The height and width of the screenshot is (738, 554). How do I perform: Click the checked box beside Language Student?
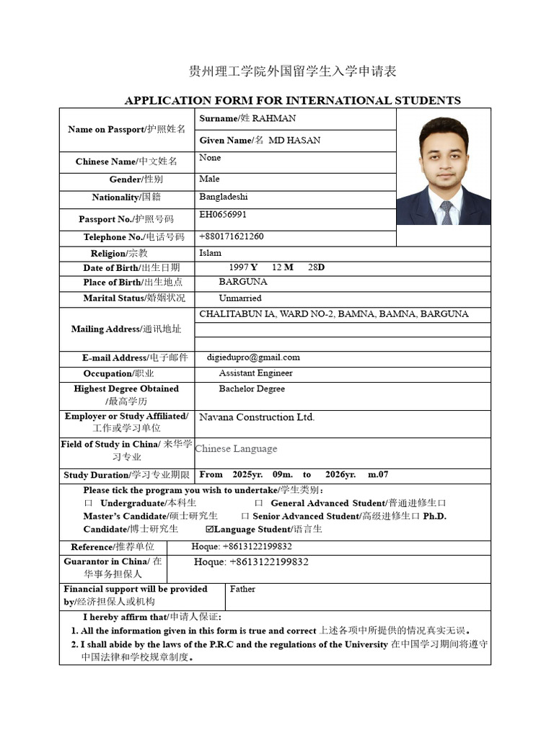(x=210, y=530)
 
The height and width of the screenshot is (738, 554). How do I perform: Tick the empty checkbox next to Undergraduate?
(x=88, y=503)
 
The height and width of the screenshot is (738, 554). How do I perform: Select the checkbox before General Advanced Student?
(x=258, y=503)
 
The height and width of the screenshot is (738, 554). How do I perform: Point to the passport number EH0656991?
(x=223, y=215)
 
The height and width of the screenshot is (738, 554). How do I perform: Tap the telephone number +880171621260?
(x=231, y=236)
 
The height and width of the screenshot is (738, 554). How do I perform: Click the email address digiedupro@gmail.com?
(x=252, y=357)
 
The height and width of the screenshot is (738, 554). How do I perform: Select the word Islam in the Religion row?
(x=210, y=253)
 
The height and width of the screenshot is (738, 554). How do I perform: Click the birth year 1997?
(x=238, y=267)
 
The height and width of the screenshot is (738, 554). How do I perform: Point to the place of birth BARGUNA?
(x=243, y=282)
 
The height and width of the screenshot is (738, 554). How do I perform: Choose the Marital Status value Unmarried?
(x=240, y=298)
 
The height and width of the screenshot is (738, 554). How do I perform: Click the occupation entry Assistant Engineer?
(x=255, y=373)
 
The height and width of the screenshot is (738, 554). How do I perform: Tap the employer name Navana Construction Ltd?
(x=257, y=417)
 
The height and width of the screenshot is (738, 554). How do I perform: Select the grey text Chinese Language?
(x=236, y=448)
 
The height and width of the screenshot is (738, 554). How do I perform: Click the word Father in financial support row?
(x=242, y=589)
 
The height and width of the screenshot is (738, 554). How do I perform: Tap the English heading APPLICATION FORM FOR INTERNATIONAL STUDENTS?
(x=292, y=100)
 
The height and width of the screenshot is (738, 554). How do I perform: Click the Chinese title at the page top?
(x=292, y=71)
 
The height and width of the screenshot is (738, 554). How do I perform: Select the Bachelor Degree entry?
(x=252, y=388)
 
